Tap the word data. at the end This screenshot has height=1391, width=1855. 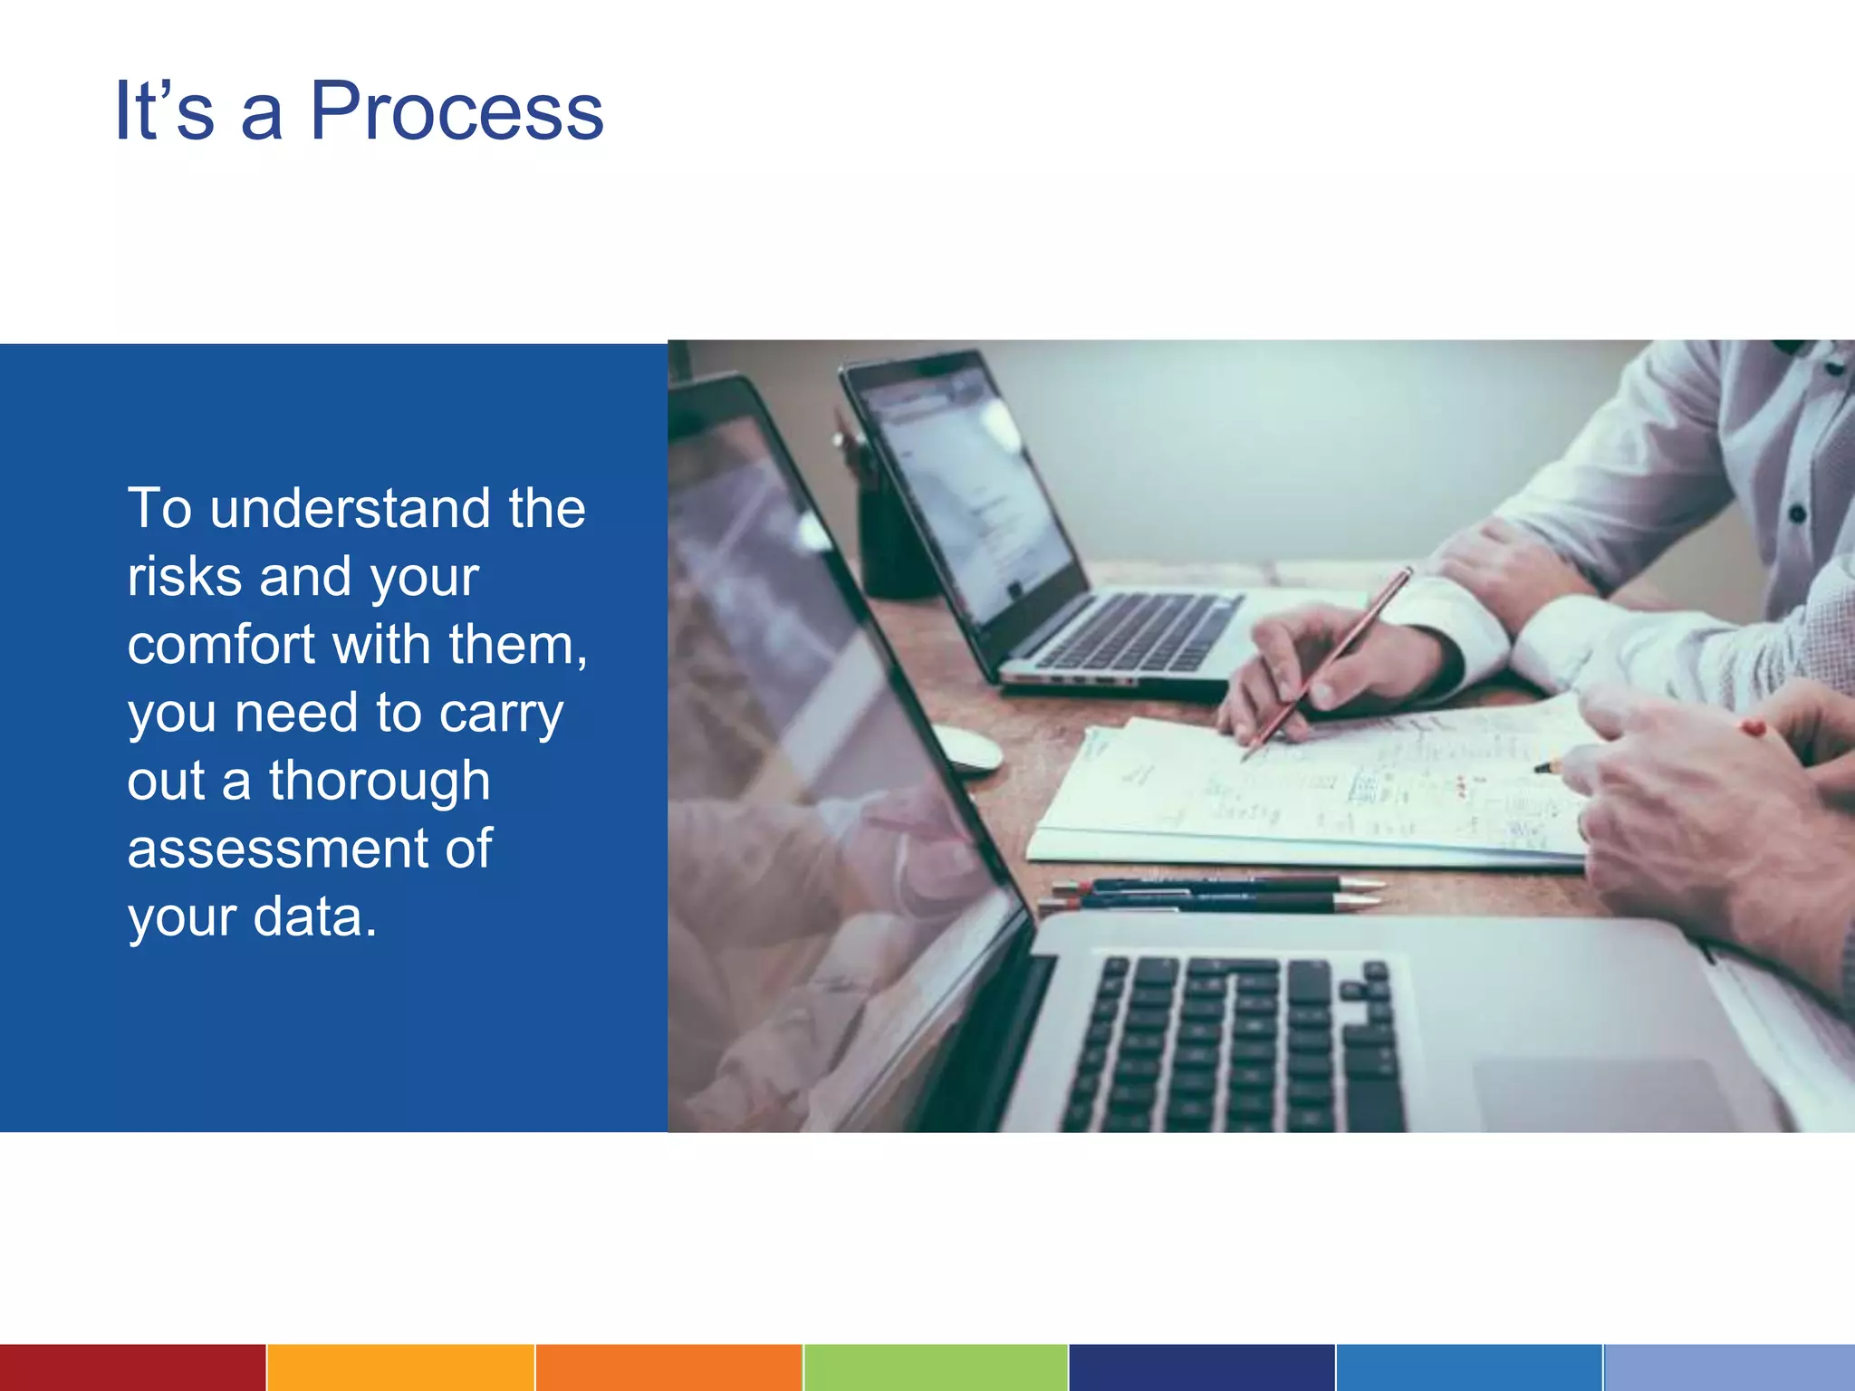tap(314, 916)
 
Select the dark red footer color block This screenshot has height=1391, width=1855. tap(132, 1367)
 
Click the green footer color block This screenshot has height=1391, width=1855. tap(936, 1367)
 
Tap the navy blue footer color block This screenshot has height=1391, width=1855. tap(1202, 1367)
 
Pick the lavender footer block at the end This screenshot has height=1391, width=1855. tap(1729, 1367)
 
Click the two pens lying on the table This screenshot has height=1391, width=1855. tap(1214, 893)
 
